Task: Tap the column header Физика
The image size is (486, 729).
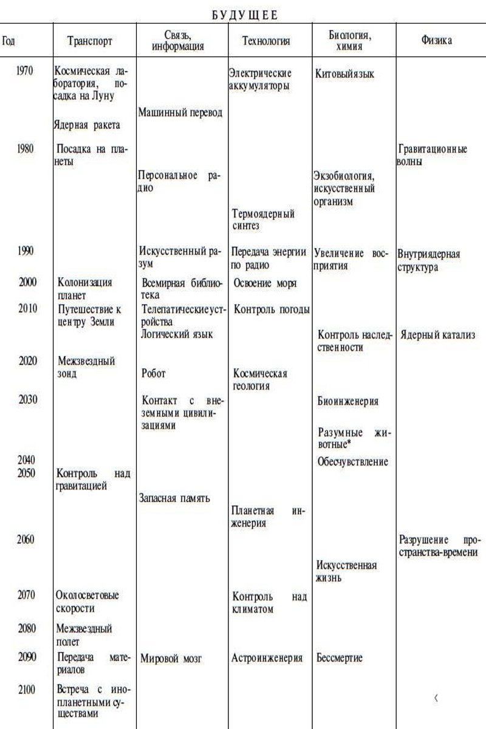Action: pos(436,41)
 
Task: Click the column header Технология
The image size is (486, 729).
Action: pos(265,41)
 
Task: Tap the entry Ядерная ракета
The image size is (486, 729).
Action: pos(86,125)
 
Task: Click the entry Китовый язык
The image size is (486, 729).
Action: pos(344,74)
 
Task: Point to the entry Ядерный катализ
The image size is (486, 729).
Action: pos(437,336)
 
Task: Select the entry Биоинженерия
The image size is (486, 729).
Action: pos(347,401)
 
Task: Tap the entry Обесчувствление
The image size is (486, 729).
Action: pos(352,462)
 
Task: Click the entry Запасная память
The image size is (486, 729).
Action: pos(175,498)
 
